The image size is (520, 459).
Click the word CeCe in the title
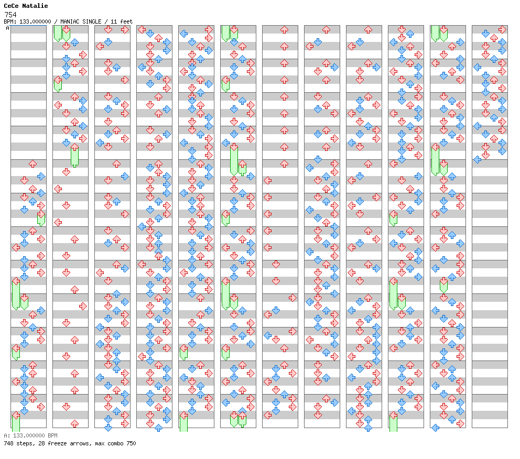(x=11, y=6)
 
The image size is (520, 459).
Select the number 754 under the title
(x=10, y=15)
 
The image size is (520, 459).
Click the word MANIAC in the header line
(x=69, y=21)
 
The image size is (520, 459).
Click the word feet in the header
(x=126, y=21)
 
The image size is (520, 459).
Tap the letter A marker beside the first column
(x=8, y=28)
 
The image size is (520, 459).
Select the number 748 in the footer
(x=8, y=443)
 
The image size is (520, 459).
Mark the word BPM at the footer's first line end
(x=53, y=435)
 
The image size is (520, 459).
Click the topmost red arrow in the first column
(x=32, y=163)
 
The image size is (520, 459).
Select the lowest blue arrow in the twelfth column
(x=477, y=160)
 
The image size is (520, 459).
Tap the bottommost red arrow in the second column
(x=74, y=423)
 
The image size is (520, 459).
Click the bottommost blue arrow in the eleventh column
(x=436, y=428)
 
